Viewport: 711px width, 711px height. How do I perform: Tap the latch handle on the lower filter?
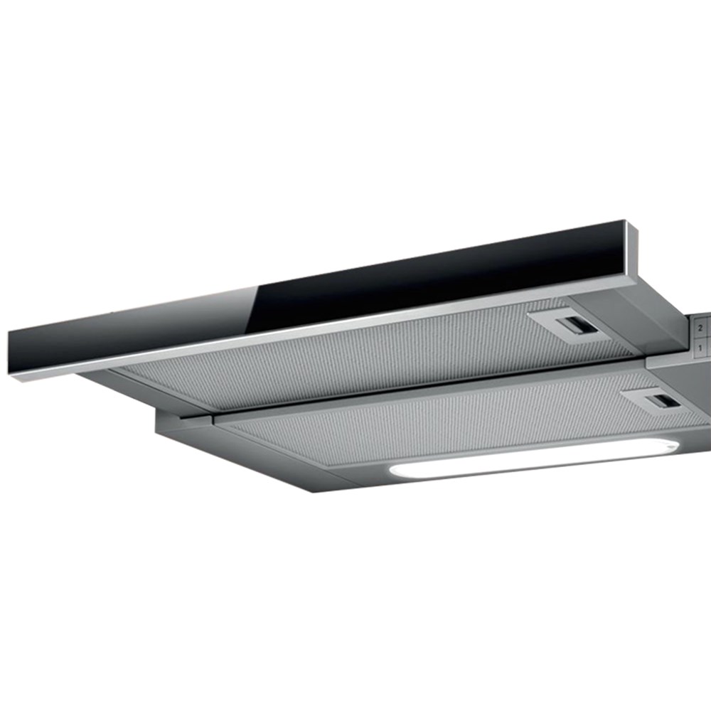point(663,401)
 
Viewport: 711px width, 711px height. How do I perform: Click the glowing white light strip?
point(534,458)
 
